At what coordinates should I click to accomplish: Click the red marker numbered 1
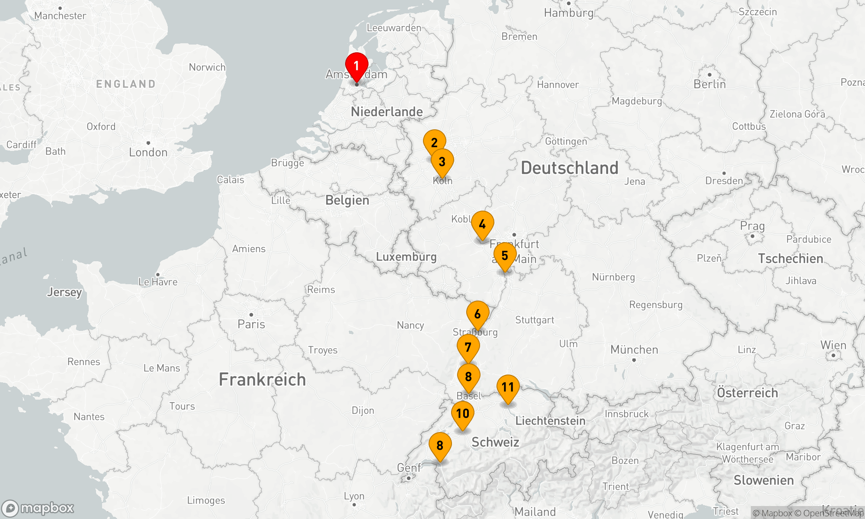[x=356, y=66]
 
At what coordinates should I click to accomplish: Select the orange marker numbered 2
[x=434, y=143]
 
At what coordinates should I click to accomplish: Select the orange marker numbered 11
[x=508, y=388]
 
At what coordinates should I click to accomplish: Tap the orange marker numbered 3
[x=442, y=162]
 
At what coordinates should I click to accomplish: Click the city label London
[x=148, y=152]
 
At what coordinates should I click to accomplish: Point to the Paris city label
[x=251, y=324]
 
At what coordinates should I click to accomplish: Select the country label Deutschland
[x=570, y=168]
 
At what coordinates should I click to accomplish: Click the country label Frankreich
[x=262, y=380]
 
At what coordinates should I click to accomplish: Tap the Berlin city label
[x=710, y=84]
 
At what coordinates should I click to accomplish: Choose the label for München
[x=634, y=350]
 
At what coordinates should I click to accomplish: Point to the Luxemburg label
[x=406, y=257]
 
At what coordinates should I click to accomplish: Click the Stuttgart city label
[x=535, y=320]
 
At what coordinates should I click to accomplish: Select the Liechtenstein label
[x=550, y=421]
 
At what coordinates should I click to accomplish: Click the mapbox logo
[x=38, y=508]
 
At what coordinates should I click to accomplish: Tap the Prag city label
[x=752, y=226]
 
